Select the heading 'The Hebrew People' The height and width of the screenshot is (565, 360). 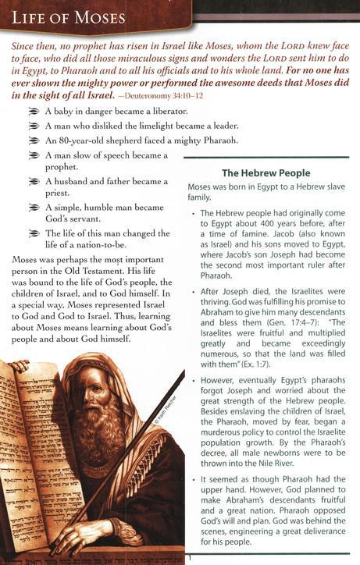(x=266, y=172)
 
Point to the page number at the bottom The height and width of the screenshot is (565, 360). (x=189, y=558)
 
